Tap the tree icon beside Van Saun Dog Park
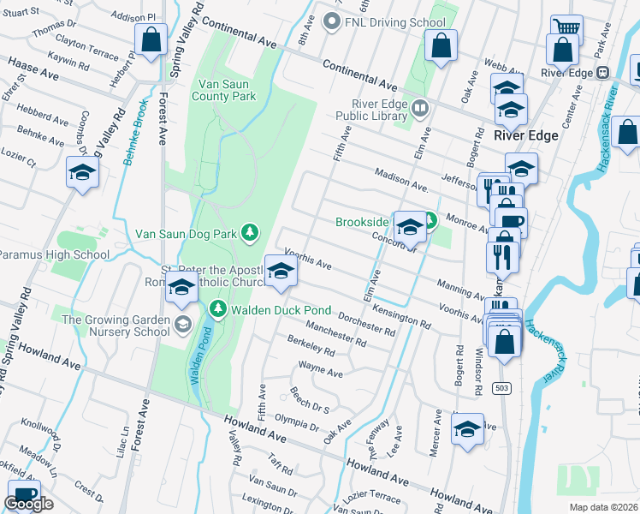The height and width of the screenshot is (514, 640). click(249, 232)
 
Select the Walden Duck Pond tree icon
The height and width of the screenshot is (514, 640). click(217, 308)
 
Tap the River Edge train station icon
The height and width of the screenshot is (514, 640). click(603, 73)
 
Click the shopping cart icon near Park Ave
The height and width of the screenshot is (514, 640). click(566, 28)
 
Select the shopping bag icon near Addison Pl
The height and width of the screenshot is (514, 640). click(151, 40)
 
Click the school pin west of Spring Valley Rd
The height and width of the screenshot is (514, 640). click(83, 174)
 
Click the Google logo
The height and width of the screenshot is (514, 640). click(28, 504)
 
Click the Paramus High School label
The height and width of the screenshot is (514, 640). click(53, 254)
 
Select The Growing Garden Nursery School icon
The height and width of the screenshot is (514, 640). click(181, 325)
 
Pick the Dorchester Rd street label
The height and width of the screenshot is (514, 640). click(366, 324)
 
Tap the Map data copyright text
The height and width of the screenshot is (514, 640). click(604, 506)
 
